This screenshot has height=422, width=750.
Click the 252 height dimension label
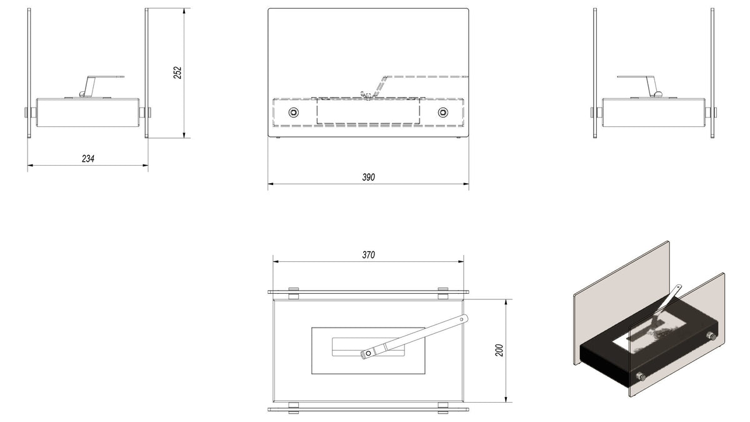pyautogui.click(x=177, y=73)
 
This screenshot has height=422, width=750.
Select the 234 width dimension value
pyautogui.click(x=88, y=159)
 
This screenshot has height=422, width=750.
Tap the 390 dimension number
pyautogui.click(x=368, y=177)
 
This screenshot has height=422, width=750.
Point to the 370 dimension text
pyautogui.click(x=368, y=255)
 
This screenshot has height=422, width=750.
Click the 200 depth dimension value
pyautogui.click(x=499, y=350)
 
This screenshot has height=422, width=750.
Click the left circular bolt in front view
pyautogui.click(x=294, y=113)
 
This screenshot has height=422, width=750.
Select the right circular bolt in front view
pyautogui.click(x=443, y=113)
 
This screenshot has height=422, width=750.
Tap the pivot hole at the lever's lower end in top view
pyautogui.click(x=368, y=353)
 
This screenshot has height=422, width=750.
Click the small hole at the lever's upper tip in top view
pyautogui.click(x=462, y=319)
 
